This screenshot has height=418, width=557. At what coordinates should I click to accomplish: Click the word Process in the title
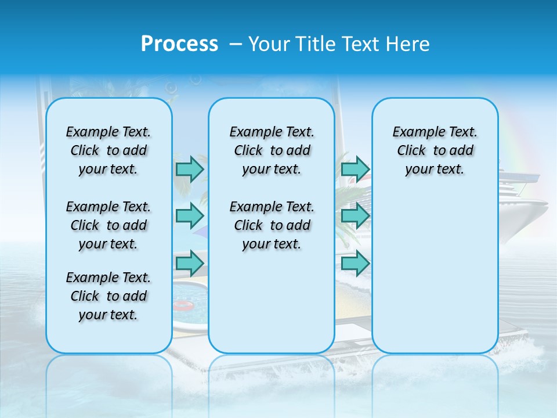point(179,44)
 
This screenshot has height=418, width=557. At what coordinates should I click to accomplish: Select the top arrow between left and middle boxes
point(190,169)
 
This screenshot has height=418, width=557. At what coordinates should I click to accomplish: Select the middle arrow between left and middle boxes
point(190,216)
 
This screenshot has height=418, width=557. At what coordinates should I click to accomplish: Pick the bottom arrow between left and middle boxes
point(190,264)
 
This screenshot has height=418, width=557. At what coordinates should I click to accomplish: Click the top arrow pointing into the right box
point(355,169)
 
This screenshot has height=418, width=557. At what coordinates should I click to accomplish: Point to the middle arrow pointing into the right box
point(355,216)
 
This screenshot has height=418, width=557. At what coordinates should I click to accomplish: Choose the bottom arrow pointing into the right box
point(355,264)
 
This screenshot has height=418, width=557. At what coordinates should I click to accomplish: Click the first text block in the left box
point(108,150)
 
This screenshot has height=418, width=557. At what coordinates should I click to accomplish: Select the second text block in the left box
point(108,225)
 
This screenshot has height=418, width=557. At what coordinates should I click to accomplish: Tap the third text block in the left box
point(108,296)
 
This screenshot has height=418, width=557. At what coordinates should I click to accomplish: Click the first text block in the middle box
point(272,150)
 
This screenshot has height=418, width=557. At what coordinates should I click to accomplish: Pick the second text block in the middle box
point(272,225)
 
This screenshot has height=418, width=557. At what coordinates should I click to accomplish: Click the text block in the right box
point(435,150)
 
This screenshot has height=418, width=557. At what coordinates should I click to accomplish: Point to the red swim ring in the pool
point(185,305)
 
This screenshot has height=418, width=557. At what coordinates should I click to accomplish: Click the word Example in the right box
point(414,132)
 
